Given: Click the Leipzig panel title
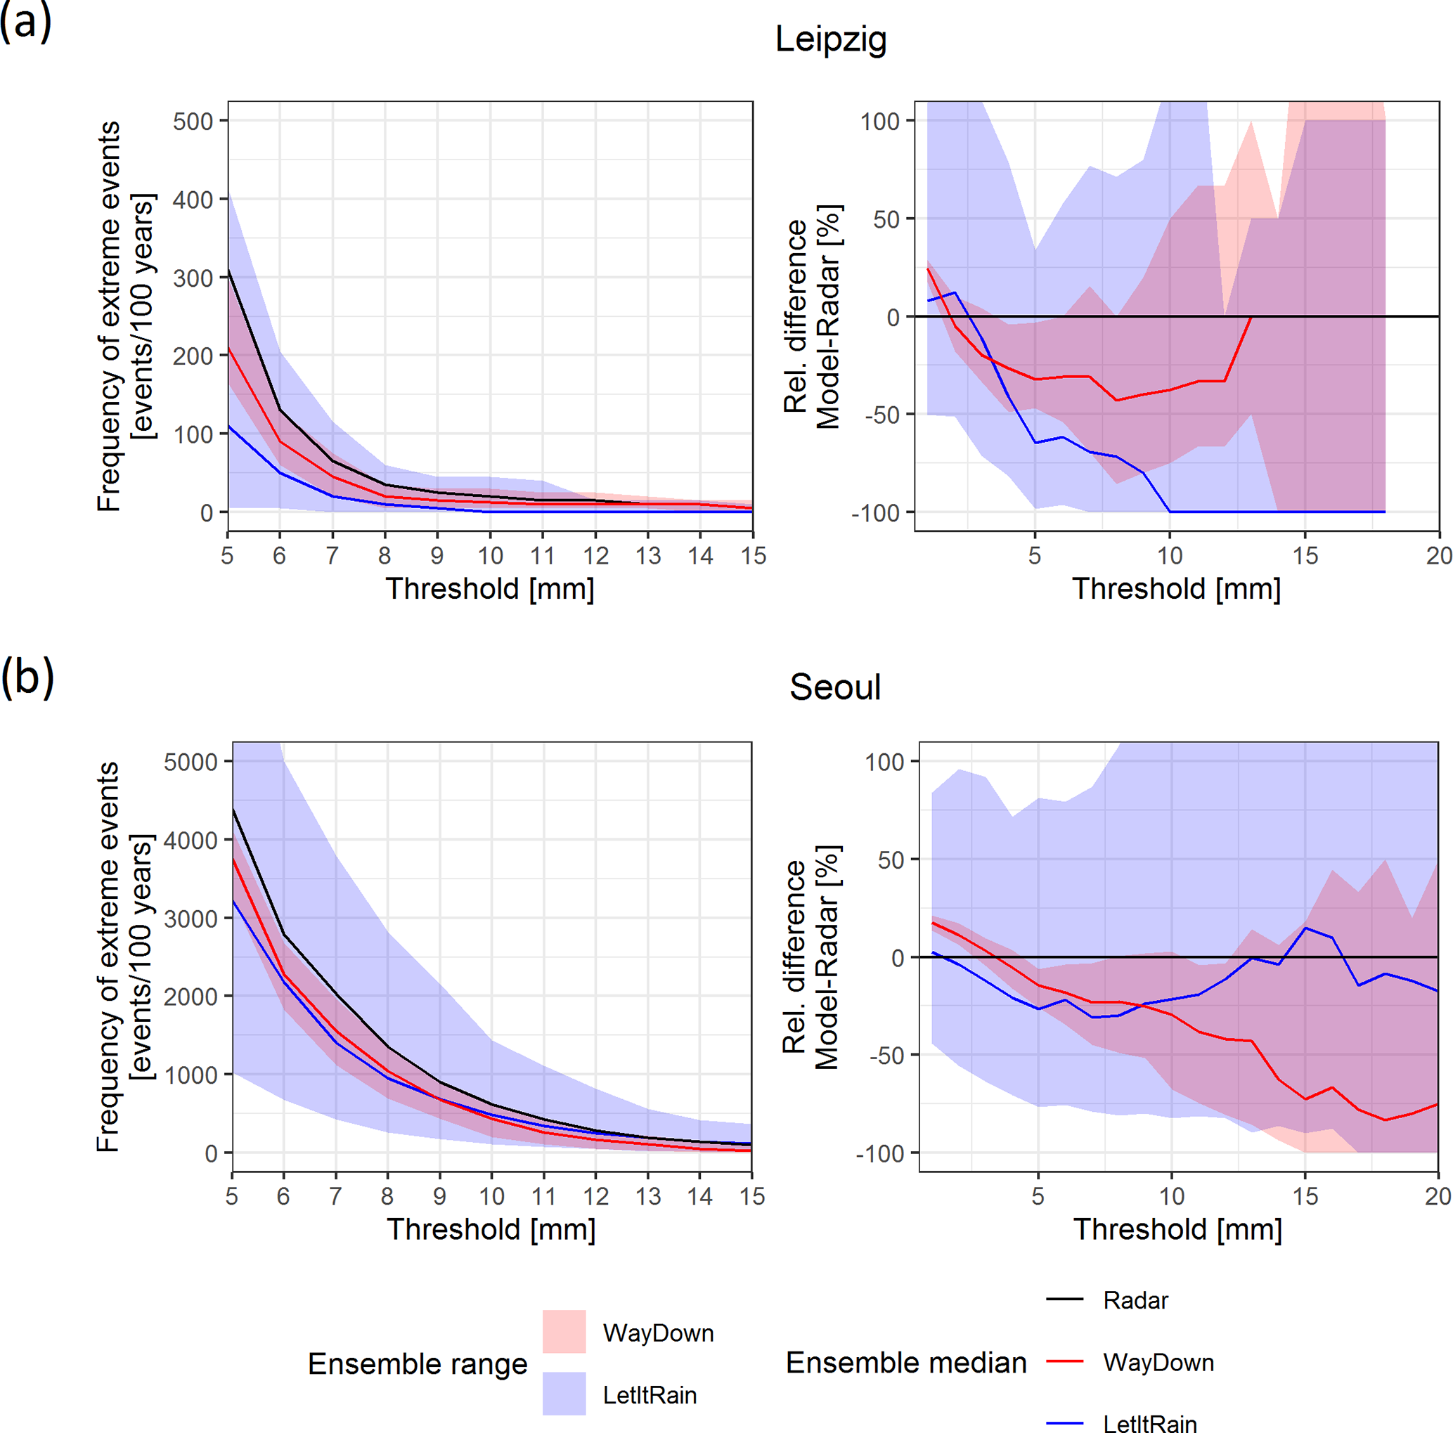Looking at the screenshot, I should point(830,39).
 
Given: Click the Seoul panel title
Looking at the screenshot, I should point(835,687).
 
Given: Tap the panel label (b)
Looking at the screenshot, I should point(27,676).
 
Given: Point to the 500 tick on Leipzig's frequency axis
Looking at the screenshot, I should point(193,121).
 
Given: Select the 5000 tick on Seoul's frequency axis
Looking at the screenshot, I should point(190,762).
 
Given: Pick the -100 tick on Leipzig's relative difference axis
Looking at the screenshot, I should point(875,513).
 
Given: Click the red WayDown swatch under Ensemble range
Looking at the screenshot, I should point(564,1332).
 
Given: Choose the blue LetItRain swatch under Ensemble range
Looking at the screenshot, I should point(564,1394).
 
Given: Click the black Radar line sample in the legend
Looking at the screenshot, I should point(1064,1299).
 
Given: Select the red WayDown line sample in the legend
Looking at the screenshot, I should point(1064,1361).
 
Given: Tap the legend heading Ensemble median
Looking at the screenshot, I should point(905,1362).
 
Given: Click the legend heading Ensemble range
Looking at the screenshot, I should point(418,1363).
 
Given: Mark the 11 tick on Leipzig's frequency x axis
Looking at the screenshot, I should point(542,556).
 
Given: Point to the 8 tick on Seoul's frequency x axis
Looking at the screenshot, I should point(387,1196).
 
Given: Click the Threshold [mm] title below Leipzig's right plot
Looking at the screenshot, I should point(1176,589).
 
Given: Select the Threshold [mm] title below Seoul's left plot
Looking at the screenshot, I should point(491,1229).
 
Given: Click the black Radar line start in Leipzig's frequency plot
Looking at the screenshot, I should point(228,270).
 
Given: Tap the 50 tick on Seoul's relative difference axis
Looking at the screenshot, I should point(891,860).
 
